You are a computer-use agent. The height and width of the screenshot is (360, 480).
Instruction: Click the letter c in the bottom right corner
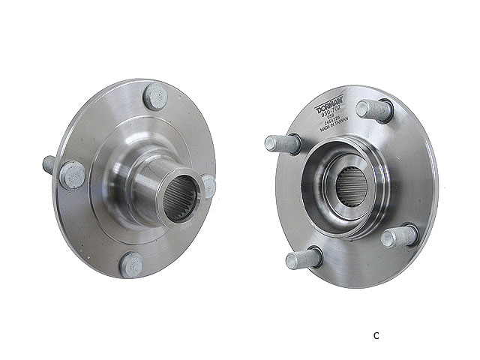coord(376,334)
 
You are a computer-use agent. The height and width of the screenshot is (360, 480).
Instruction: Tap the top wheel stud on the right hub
coord(374,110)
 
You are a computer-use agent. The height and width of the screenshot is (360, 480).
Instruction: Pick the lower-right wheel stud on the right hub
coord(400,235)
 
